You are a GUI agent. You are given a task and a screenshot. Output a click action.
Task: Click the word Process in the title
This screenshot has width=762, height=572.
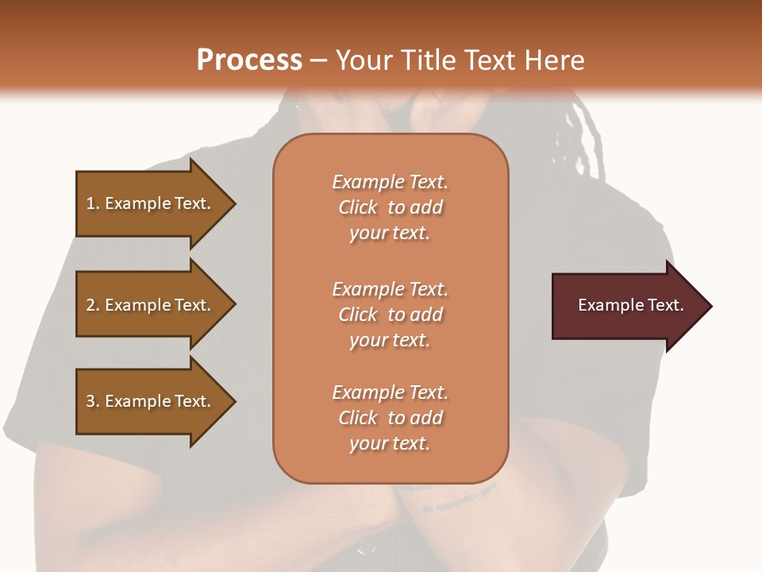point(249,60)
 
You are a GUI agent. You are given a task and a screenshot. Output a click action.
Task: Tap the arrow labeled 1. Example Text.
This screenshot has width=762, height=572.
point(151,203)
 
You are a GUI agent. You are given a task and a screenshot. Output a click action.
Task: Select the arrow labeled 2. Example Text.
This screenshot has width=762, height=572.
point(151,305)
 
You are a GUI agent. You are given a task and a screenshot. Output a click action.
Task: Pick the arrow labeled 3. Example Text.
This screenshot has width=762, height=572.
point(151,401)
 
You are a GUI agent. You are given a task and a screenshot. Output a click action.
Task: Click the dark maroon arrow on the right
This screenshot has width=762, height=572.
point(627,306)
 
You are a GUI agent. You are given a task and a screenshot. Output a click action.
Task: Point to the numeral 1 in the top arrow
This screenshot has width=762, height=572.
point(90,203)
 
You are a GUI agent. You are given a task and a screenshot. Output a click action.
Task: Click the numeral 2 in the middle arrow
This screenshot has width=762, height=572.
point(90,305)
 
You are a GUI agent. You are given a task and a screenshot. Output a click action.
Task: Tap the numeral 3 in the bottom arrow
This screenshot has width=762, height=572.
point(90,401)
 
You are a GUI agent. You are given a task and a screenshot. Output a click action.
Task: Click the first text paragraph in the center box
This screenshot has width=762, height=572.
point(390,207)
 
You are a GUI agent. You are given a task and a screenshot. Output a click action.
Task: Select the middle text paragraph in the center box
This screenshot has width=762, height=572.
point(390,314)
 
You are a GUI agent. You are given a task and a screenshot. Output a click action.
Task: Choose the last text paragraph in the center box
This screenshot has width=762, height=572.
point(390,418)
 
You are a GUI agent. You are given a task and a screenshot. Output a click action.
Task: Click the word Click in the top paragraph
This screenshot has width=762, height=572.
point(358,207)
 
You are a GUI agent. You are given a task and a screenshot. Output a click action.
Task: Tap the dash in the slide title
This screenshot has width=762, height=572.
point(318,60)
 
